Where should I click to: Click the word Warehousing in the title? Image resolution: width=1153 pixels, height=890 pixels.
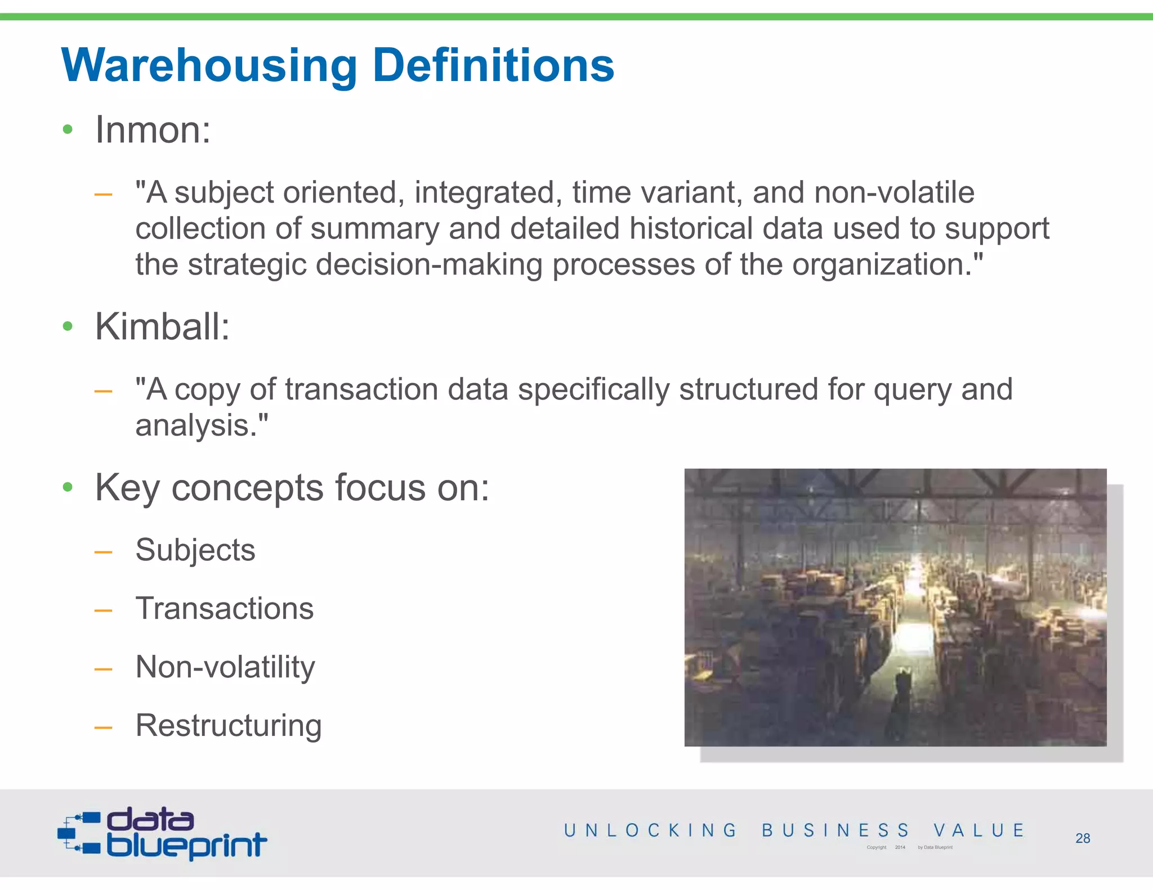coord(208,66)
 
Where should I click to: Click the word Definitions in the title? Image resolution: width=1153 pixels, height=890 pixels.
coord(493,66)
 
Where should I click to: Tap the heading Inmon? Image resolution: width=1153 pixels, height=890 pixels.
coord(153,130)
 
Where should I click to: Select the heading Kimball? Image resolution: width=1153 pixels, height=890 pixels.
coord(162,326)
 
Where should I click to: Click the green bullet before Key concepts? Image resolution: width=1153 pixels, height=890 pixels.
coord(68,487)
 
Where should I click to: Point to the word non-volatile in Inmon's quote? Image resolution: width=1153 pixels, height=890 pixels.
coord(894,192)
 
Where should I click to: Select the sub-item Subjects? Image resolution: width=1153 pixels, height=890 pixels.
coord(195,550)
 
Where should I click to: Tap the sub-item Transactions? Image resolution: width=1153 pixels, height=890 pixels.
coord(225,609)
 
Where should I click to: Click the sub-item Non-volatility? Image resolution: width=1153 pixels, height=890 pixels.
coord(225,667)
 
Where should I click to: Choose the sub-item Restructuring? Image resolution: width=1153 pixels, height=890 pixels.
coord(229,726)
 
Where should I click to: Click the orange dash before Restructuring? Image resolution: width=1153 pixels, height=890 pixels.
coord(103,727)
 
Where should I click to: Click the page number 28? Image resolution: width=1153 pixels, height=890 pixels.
coord(1082,838)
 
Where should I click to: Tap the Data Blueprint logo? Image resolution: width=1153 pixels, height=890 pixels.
coord(162,834)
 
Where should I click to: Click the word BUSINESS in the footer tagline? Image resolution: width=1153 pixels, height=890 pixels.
coord(835,830)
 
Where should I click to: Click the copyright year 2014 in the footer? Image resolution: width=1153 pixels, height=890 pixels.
coord(900,847)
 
